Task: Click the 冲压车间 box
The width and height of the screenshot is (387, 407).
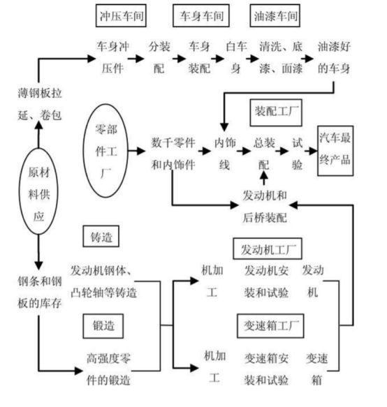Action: tap(120, 15)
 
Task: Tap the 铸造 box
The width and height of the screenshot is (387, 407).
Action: tap(101, 237)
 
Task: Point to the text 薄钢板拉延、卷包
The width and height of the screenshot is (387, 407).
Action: tap(39, 103)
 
